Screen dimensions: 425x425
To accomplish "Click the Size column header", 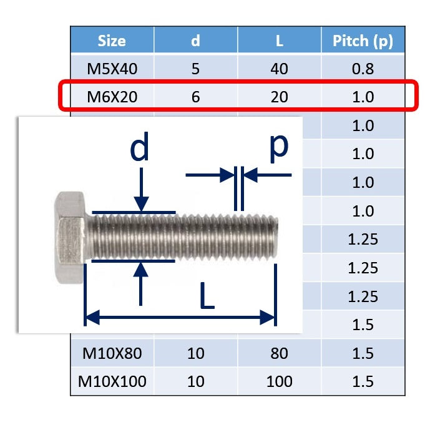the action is click(112, 41).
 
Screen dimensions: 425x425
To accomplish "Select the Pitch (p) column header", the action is click(363, 41).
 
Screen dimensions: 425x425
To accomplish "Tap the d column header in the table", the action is click(195, 41).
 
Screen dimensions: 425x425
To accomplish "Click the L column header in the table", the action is click(280, 41).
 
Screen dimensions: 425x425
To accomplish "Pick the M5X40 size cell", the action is click(112, 69).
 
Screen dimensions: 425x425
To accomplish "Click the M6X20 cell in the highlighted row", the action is click(112, 97).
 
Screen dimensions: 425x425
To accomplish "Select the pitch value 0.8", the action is click(363, 69).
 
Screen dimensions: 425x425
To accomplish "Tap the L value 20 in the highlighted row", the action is click(280, 97).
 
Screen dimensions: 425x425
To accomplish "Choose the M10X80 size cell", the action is click(112, 353).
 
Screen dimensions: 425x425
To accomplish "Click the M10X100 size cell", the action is click(112, 382).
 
